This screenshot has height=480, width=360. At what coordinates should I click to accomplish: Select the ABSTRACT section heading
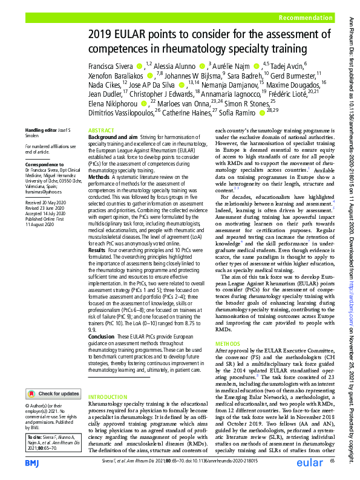(100, 131)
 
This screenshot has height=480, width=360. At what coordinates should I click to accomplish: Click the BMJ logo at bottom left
(34, 462)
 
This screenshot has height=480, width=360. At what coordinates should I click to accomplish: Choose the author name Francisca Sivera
(111, 65)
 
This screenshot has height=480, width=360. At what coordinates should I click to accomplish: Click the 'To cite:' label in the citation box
(34, 435)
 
